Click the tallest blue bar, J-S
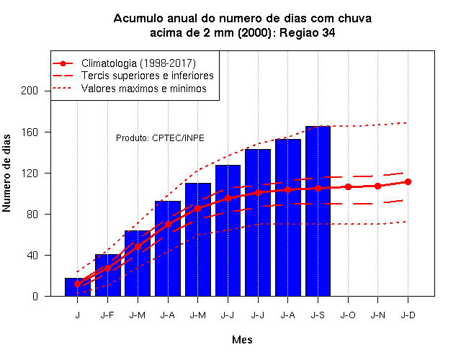pyautogui.click(x=318, y=211)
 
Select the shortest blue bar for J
pyautogui.click(x=78, y=287)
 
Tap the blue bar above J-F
pyautogui.click(x=107, y=275)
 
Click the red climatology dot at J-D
pyautogui.click(x=408, y=182)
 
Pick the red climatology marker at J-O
pyautogui.click(x=348, y=187)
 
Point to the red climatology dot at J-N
pyautogui.click(x=377, y=186)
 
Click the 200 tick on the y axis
pyautogui.click(x=30, y=91)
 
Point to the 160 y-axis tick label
pyautogui.click(x=30, y=132)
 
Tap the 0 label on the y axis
pyautogui.click(x=35, y=296)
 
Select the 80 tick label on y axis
pyautogui.click(x=32, y=215)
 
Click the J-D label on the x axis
pyautogui.click(x=408, y=315)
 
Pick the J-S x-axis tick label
pyautogui.click(x=318, y=315)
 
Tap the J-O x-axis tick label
pyautogui.click(x=348, y=315)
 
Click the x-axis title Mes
pyautogui.click(x=242, y=340)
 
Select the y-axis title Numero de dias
pyautogui.click(x=6, y=173)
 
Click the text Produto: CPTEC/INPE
pyautogui.click(x=160, y=138)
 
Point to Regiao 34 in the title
pyautogui.click(x=308, y=33)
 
